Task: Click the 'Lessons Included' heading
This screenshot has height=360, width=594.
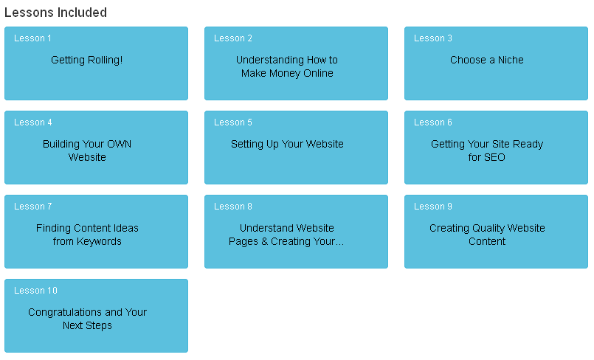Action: pos(55,13)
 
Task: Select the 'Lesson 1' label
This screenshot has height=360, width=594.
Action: pos(32,38)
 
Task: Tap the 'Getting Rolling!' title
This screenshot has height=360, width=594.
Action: pos(87,60)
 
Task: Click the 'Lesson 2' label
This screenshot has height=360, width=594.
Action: pos(233,38)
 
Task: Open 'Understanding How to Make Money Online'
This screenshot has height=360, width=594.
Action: pos(287,66)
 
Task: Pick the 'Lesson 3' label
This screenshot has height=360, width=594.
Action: pos(433,38)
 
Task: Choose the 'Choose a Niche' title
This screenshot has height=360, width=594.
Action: pos(487,60)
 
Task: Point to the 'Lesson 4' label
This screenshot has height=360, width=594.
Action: pos(33,122)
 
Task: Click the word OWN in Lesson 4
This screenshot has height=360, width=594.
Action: pos(119,144)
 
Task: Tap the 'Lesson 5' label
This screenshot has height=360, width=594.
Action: pos(233,122)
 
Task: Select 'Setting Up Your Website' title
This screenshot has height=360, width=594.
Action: pos(287,144)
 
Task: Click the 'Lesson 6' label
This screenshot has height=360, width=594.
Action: pos(433,122)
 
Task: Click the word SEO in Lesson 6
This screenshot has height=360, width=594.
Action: pos(494,157)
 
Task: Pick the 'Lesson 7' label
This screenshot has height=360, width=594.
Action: pos(33,207)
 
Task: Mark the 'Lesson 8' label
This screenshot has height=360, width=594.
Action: pos(233,207)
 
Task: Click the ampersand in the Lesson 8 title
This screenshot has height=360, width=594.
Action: pos(264,241)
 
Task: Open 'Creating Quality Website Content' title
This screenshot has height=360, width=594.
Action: pos(487,235)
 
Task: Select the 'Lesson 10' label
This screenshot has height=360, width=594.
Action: pos(35,291)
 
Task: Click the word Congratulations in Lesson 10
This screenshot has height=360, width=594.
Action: pos(65,312)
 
